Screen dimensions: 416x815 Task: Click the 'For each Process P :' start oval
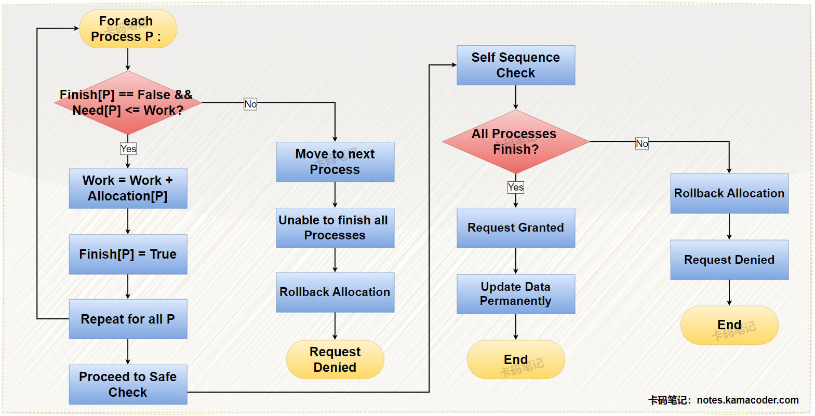pyautogui.click(x=128, y=29)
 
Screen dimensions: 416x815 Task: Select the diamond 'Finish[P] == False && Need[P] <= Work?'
pyautogui.click(x=128, y=103)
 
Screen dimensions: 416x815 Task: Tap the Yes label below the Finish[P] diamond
pyautogui.click(x=128, y=149)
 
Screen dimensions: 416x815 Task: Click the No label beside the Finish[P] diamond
pyautogui.click(x=250, y=104)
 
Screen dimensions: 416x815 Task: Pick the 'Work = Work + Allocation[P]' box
pyautogui.click(x=128, y=189)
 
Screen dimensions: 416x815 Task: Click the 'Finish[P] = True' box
pyautogui.click(x=128, y=254)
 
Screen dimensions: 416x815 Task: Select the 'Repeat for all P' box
pyautogui.click(x=128, y=319)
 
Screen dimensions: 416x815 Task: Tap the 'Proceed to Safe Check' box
pyautogui.click(x=128, y=384)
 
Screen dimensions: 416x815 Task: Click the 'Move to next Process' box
pyautogui.click(x=335, y=162)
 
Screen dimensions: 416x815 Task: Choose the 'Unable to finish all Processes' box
pyautogui.click(x=335, y=228)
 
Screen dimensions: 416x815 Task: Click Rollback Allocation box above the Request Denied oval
pyautogui.click(x=335, y=292)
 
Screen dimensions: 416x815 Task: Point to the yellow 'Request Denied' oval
pyautogui.click(x=335, y=359)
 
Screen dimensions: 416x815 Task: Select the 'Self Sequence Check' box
pyautogui.click(x=516, y=65)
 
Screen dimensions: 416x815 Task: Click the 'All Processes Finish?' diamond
pyautogui.click(x=516, y=141)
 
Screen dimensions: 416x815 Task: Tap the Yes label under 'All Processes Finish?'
pyautogui.click(x=516, y=187)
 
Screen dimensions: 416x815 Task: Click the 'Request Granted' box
pyautogui.click(x=516, y=228)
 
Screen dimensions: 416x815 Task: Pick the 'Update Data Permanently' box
pyautogui.click(x=516, y=294)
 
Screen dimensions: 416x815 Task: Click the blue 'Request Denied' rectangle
pyautogui.click(x=729, y=260)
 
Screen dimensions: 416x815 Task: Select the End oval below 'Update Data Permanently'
pyautogui.click(x=516, y=359)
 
